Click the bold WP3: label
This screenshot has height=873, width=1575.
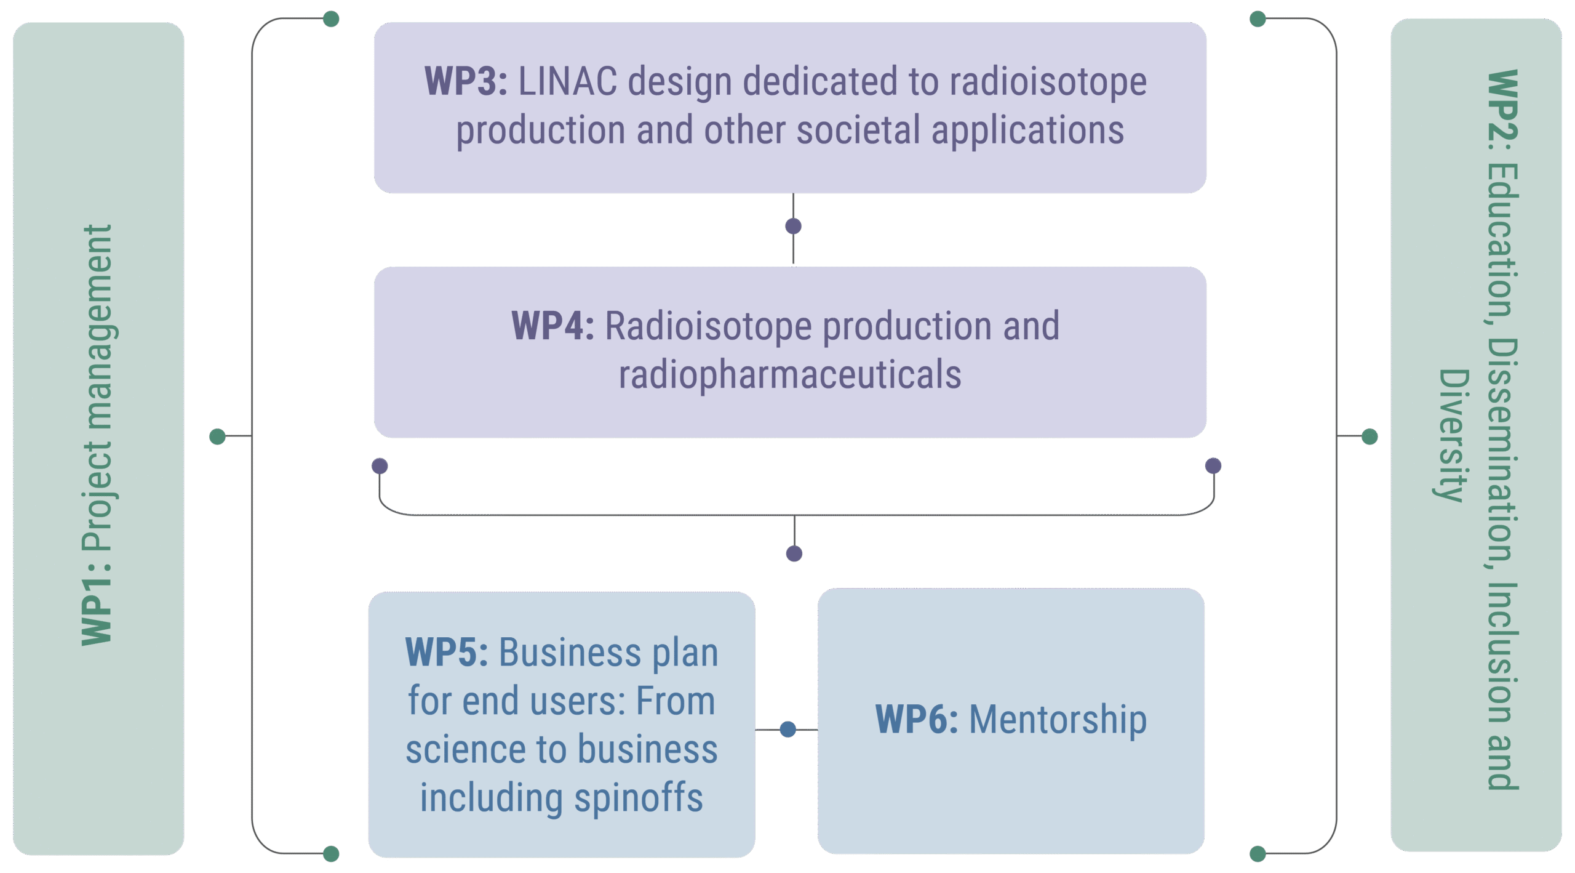[466, 81]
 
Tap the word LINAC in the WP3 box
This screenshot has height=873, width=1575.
[567, 81]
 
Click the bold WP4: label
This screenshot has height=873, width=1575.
[552, 326]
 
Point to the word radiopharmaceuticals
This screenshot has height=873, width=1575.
[790, 374]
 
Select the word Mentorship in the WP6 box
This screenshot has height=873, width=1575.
[1058, 719]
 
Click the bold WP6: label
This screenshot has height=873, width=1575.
[916, 719]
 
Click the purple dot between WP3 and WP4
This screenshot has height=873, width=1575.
[793, 227]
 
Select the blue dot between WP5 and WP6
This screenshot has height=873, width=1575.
[787, 730]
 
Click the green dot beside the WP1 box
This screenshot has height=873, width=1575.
[217, 437]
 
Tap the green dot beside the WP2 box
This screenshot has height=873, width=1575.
[1370, 437]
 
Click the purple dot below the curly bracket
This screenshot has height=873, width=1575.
[794, 553]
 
